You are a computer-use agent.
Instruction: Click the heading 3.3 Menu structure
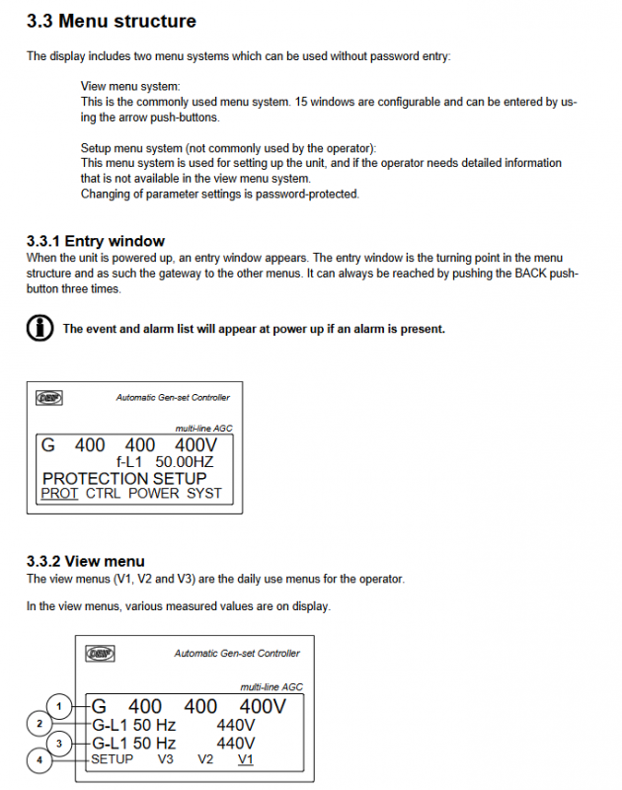coord(112,22)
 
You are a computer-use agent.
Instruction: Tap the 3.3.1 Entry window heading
coord(96,241)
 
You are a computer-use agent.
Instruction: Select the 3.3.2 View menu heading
coord(86,561)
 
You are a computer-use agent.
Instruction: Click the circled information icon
coord(39,329)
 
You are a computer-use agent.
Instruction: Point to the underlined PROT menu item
coord(59,493)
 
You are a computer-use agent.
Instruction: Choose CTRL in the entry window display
coord(104,493)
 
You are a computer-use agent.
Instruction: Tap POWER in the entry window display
coord(154,493)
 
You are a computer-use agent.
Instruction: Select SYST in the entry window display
coord(204,493)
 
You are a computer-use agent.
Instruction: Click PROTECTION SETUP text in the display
coord(125,478)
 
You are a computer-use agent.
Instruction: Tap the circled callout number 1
coord(60,706)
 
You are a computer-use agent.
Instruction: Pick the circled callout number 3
coord(60,743)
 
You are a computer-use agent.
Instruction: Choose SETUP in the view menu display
coord(112,759)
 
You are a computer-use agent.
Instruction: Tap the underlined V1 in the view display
coord(245,759)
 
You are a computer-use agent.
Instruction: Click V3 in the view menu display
coord(165,759)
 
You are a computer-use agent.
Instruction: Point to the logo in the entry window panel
coord(49,397)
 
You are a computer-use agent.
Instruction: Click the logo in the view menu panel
coord(100,653)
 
